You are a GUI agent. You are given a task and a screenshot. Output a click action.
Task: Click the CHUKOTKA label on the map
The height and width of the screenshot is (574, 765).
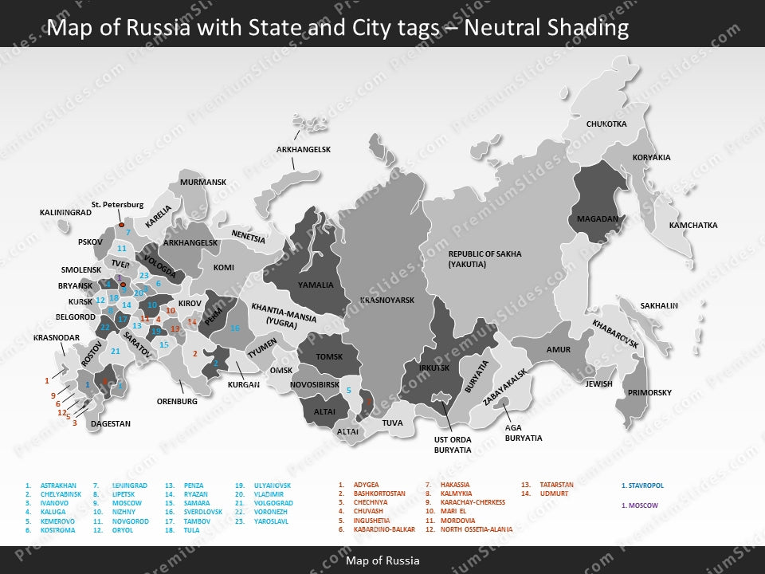[606, 124]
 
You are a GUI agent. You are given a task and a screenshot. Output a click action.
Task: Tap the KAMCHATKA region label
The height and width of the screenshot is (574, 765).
[692, 226]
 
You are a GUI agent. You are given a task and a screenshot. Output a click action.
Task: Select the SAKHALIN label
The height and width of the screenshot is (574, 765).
[659, 305]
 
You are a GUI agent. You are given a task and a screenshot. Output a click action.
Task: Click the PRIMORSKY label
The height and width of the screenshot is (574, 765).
[649, 393]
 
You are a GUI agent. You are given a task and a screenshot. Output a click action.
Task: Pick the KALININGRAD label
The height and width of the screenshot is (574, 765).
[65, 213]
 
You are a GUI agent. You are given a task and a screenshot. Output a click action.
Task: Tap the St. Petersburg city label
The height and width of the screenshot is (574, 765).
[117, 205]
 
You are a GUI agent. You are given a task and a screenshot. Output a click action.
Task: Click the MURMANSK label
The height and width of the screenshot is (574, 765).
[203, 183]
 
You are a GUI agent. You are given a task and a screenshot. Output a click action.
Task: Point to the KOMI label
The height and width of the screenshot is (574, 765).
[224, 268]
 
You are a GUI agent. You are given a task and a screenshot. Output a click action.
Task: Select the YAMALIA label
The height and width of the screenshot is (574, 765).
[316, 285]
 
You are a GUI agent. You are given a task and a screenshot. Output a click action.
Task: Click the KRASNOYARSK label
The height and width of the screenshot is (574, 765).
[387, 301]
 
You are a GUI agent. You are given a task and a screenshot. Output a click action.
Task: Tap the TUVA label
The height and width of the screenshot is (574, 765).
[392, 423]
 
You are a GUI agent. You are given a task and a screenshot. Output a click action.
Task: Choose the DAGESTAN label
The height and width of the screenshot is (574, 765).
[110, 424]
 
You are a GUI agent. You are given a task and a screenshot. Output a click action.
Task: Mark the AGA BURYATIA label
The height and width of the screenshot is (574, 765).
[524, 433]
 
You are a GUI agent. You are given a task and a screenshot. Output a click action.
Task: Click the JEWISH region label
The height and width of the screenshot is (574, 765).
[598, 384]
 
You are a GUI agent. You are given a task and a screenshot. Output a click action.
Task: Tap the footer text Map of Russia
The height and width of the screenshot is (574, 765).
[382, 560]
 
